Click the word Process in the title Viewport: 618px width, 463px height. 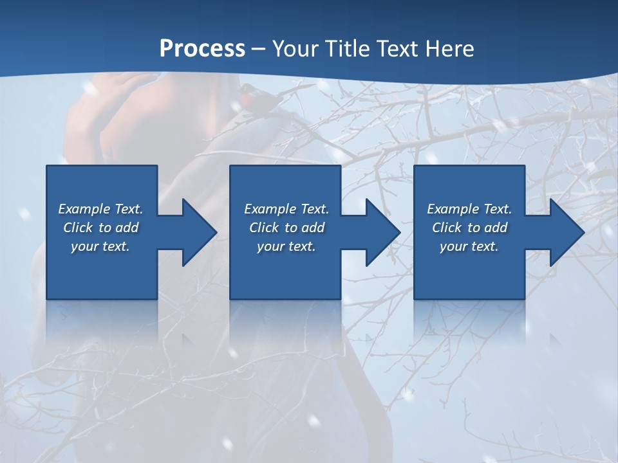pyautogui.click(x=202, y=49)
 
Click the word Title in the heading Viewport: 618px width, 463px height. pyautogui.click(x=342, y=49)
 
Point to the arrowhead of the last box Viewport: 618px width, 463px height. pyautogui.click(x=566, y=232)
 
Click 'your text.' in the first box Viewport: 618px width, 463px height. pyautogui.click(x=100, y=246)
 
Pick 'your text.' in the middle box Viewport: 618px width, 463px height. pyautogui.click(x=286, y=246)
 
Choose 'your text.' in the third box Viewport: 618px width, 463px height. pyautogui.click(x=469, y=246)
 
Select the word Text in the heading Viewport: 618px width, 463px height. pyautogui.click(x=393, y=49)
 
